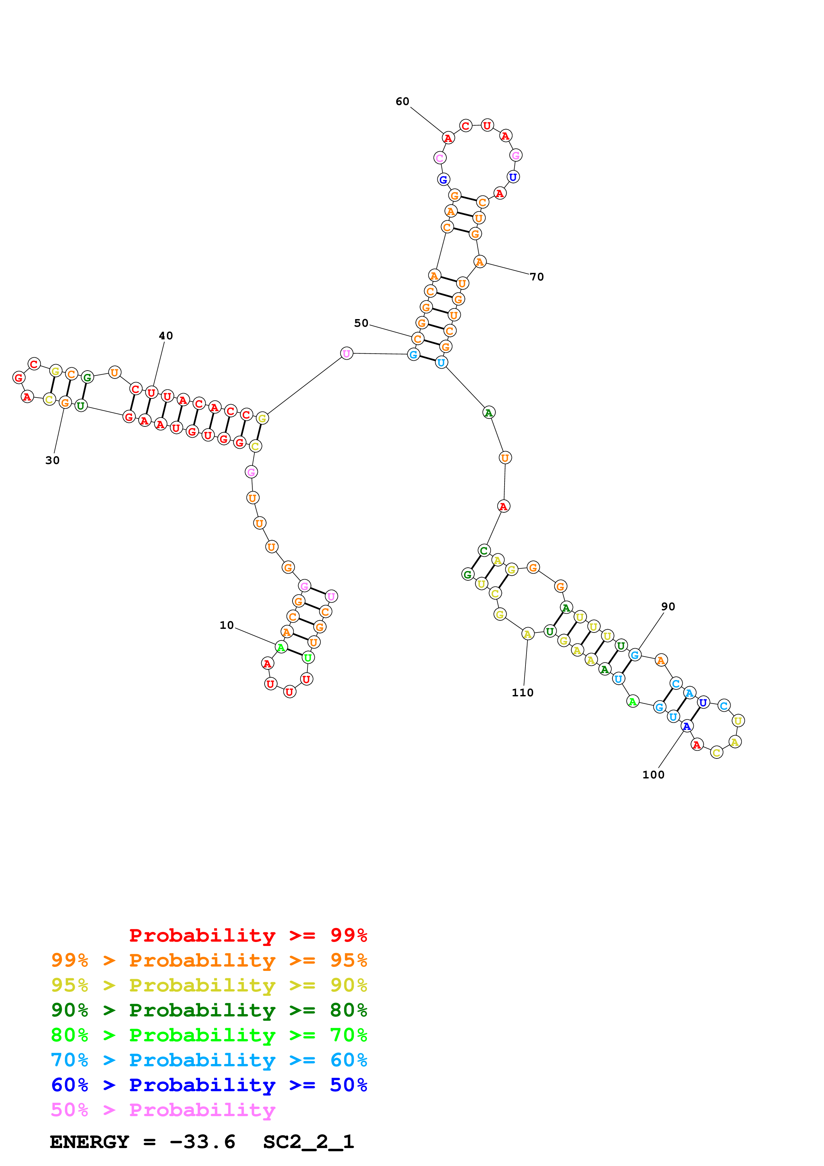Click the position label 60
(402, 102)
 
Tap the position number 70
(536, 277)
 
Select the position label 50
(361, 323)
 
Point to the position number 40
(166, 336)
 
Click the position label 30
(52, 460)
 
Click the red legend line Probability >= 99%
(248, 935)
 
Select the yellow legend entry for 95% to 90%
(209, 985)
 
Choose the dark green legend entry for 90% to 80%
(209, 1010)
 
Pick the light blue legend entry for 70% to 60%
(209, 1060)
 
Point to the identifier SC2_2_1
(308, 1142)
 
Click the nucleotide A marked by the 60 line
(448, 138)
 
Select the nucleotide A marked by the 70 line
(479, 262)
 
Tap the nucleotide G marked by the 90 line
(634, 655)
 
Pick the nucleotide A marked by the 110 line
(528, 634)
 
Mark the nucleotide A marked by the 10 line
(281, 647)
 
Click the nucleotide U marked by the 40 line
(151, 393)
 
